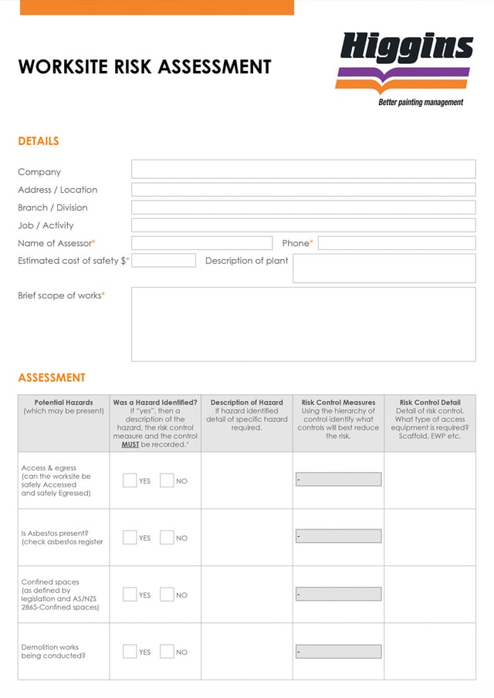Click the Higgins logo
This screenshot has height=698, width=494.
tap(406, 67)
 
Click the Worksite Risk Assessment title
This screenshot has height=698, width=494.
tap(144, 67)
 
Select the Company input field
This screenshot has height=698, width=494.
tap(303, 170)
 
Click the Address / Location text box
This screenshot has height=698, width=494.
tap(303, 190)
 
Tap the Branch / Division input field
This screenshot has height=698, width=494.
tap(303, 207)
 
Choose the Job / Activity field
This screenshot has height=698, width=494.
tap(303, 225)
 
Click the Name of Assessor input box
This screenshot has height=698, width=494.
tap(201, 243)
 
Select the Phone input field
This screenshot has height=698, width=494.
tap(397, 243)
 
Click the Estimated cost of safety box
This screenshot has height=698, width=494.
tap(164, 261)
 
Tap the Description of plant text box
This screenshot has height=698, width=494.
tap(384, 268)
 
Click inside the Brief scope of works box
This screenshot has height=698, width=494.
tap(303, 324)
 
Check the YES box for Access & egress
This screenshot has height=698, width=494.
tap(130, 481)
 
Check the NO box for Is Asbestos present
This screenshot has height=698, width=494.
tap(167, 538)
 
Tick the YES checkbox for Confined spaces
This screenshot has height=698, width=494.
tap(130, 595)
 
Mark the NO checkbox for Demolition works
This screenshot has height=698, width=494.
tap(167, 652)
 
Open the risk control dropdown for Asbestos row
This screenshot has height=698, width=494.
tap(338, 536)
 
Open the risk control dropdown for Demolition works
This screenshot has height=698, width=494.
tap(338, 652)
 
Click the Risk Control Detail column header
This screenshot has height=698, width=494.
tap(430, 403)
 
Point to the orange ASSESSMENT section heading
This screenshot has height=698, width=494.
tap(52, 378)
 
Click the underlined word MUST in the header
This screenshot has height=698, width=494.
tap(130, 445)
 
